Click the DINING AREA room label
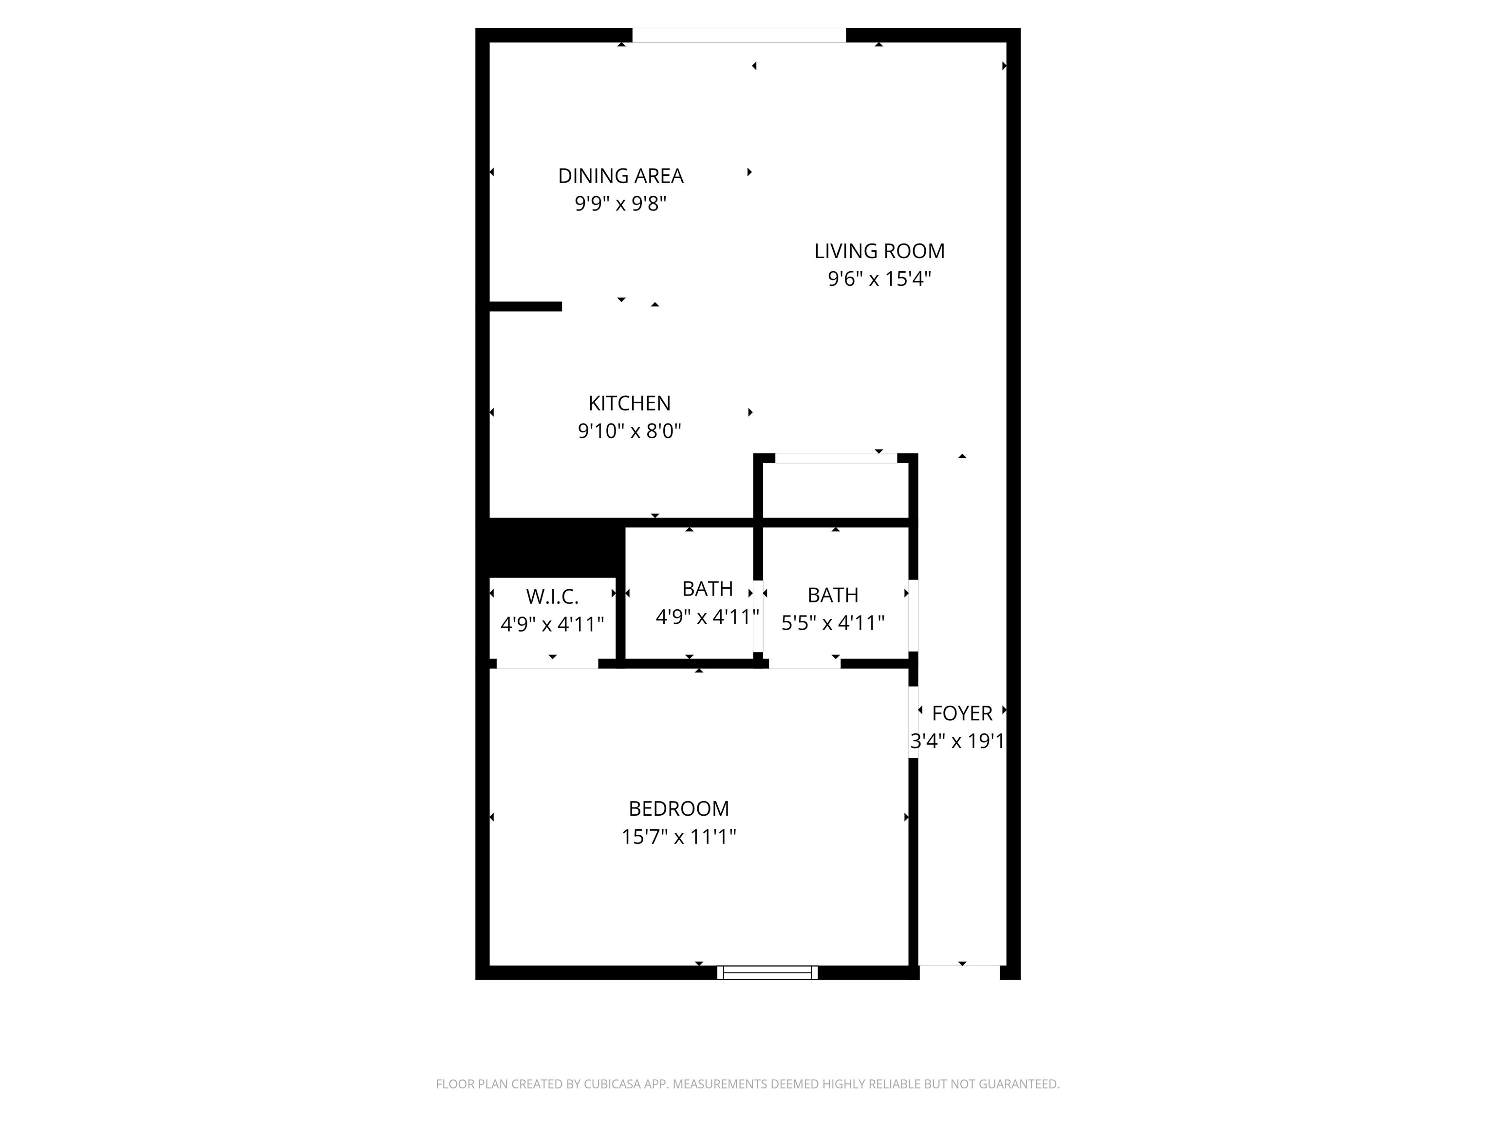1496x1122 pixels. point(620,176)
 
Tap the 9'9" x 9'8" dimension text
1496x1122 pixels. point(620,204)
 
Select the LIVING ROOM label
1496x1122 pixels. point(879,251)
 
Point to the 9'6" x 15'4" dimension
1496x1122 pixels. point(879,279)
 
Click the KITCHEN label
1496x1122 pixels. point(629,403)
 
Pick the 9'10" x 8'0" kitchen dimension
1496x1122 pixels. point(629,431)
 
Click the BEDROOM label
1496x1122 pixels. point(678,808)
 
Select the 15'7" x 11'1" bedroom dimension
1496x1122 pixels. point(678,837)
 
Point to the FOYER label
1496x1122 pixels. point(962,713)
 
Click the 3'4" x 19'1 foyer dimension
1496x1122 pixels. point(957,741)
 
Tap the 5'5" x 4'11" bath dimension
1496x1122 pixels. point(833,622)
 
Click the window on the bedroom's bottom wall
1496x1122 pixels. point(767,972)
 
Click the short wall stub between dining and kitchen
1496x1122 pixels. point(525,306)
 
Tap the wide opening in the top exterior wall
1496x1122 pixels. point(739,35)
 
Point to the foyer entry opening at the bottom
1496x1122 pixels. point(959,972)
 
